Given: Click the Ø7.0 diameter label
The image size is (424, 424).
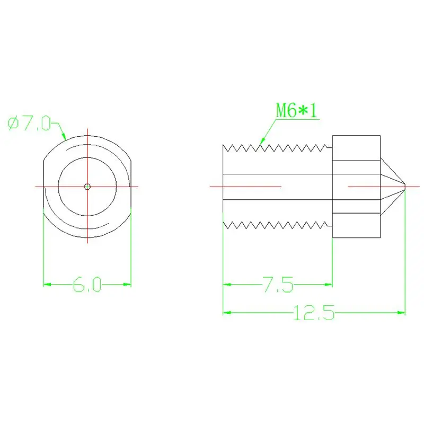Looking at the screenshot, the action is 29,123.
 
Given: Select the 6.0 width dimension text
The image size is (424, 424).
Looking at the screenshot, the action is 87,285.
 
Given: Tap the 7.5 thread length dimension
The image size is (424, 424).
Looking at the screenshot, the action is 278,285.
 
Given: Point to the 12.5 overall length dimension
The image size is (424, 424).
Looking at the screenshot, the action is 314,313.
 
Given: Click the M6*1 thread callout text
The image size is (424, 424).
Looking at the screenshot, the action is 296,110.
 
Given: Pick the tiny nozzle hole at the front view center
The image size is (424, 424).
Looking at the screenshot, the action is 87,187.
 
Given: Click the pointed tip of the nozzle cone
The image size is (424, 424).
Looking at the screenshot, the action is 405,187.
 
